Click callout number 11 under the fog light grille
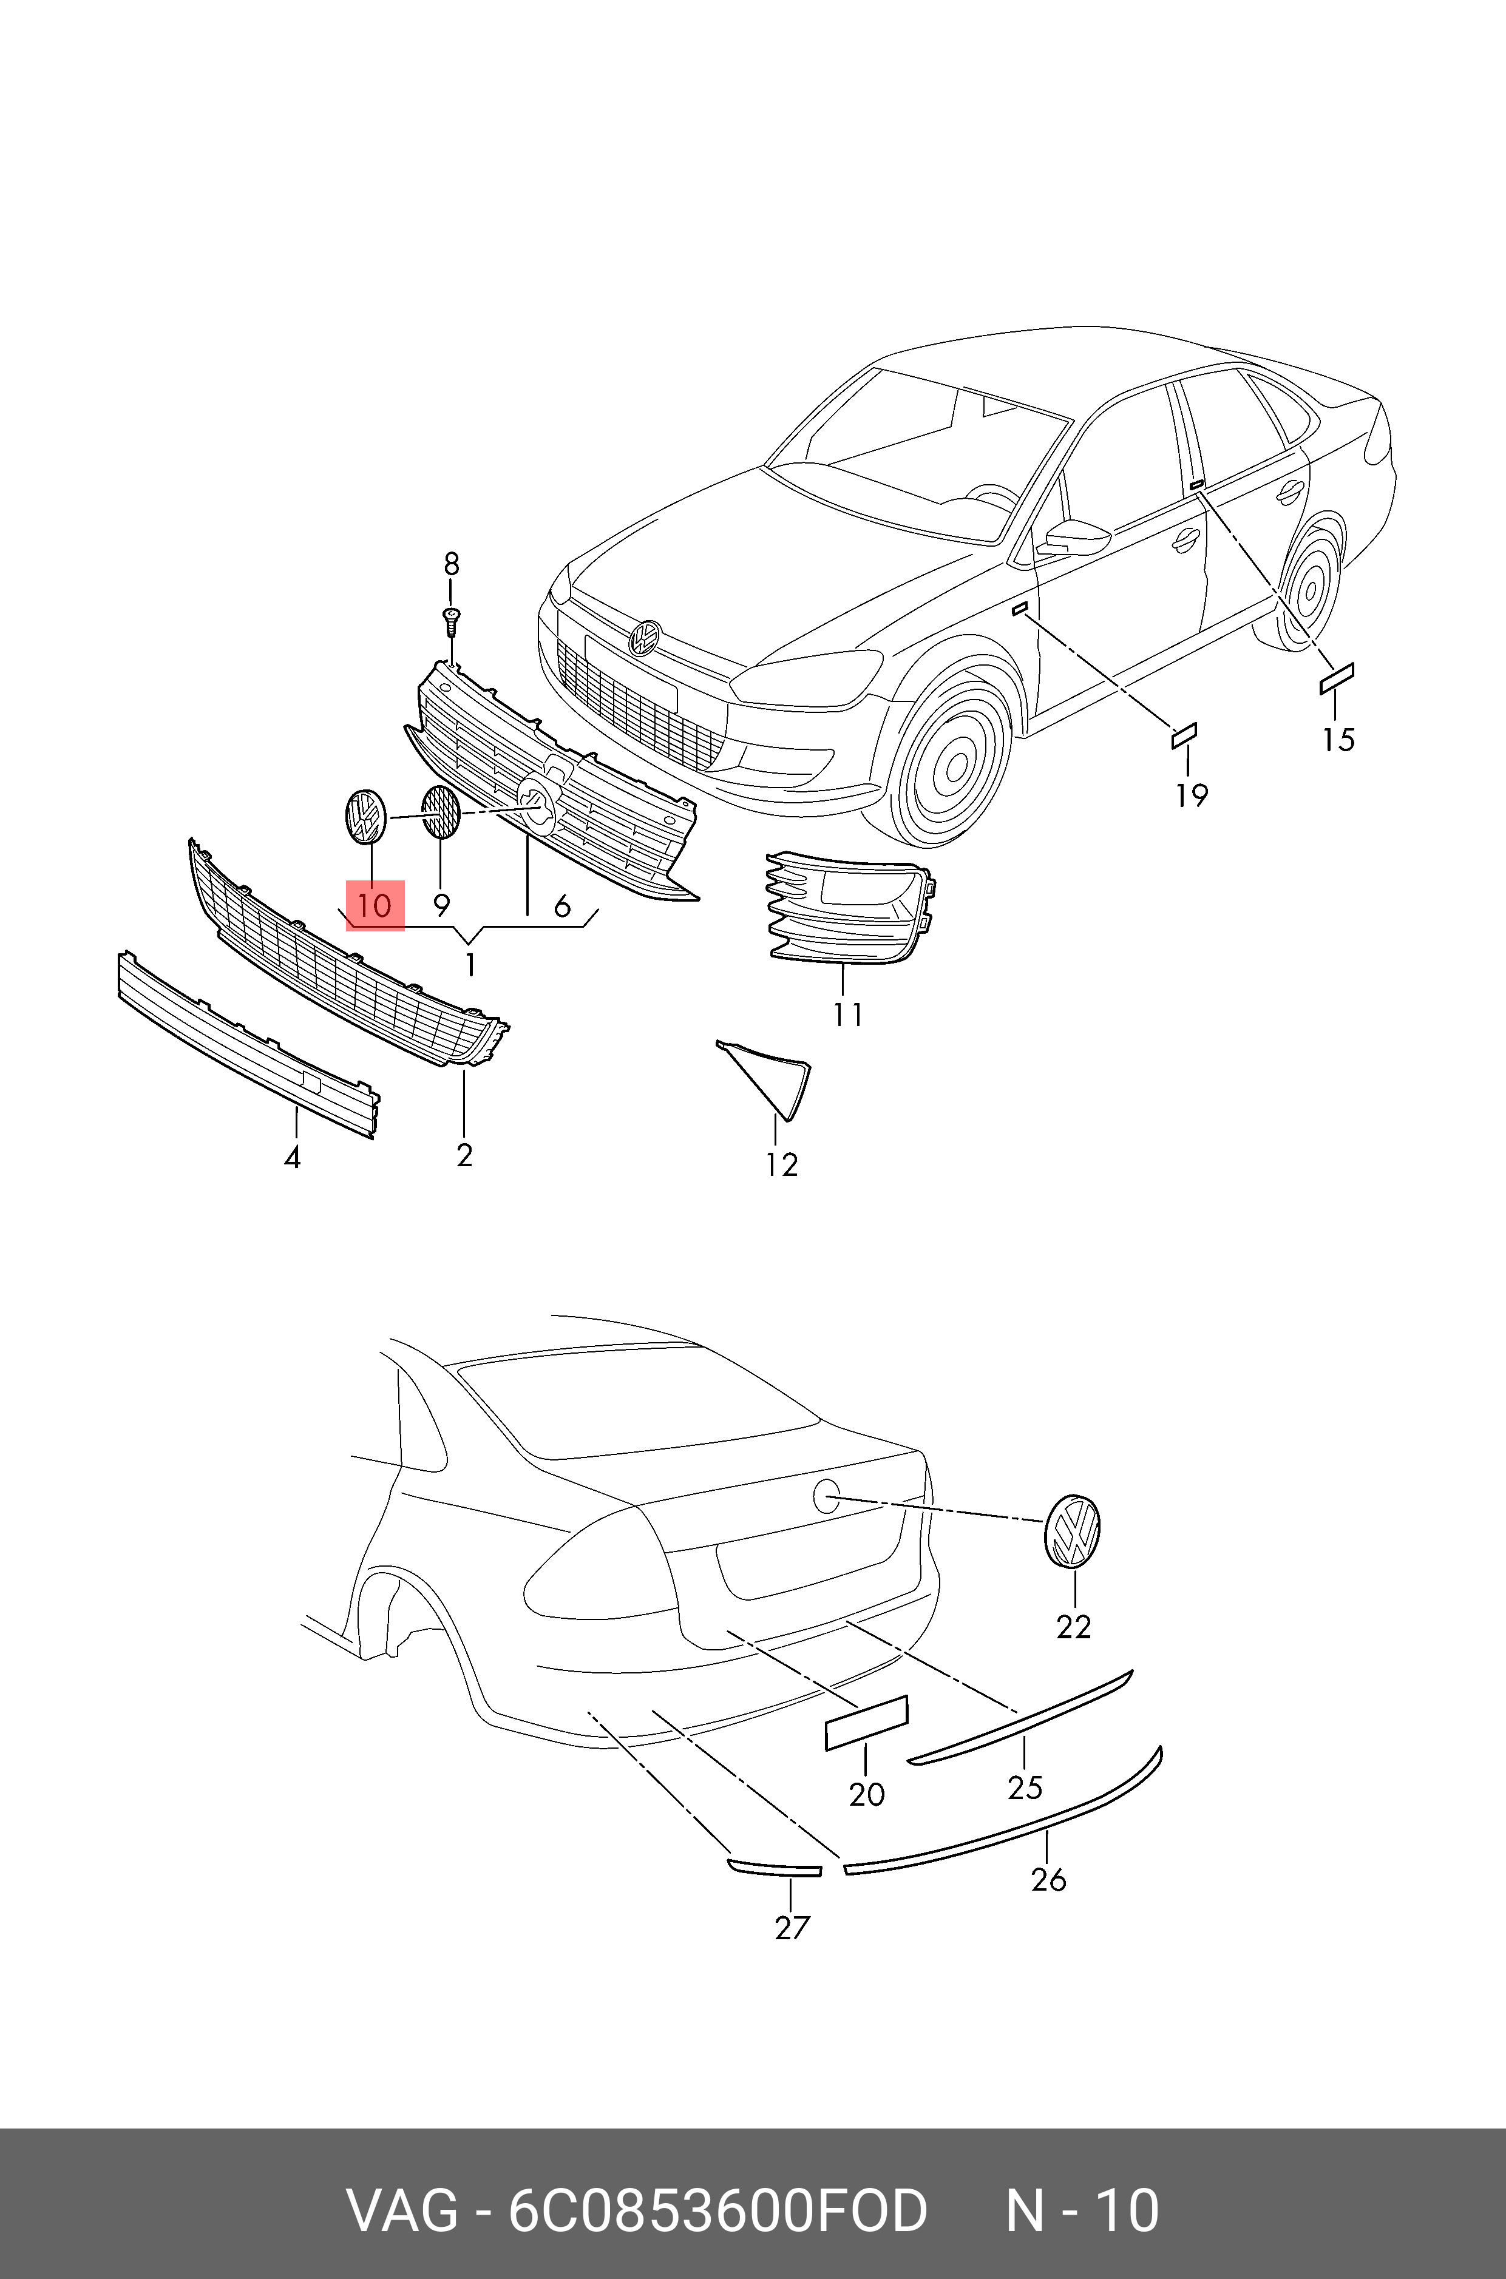848,1014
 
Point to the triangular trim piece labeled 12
774,1075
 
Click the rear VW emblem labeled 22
1072,1531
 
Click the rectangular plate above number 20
866,1721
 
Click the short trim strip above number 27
774,1867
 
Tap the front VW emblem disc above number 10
365,816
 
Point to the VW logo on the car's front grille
645,638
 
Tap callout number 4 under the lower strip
293,1158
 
